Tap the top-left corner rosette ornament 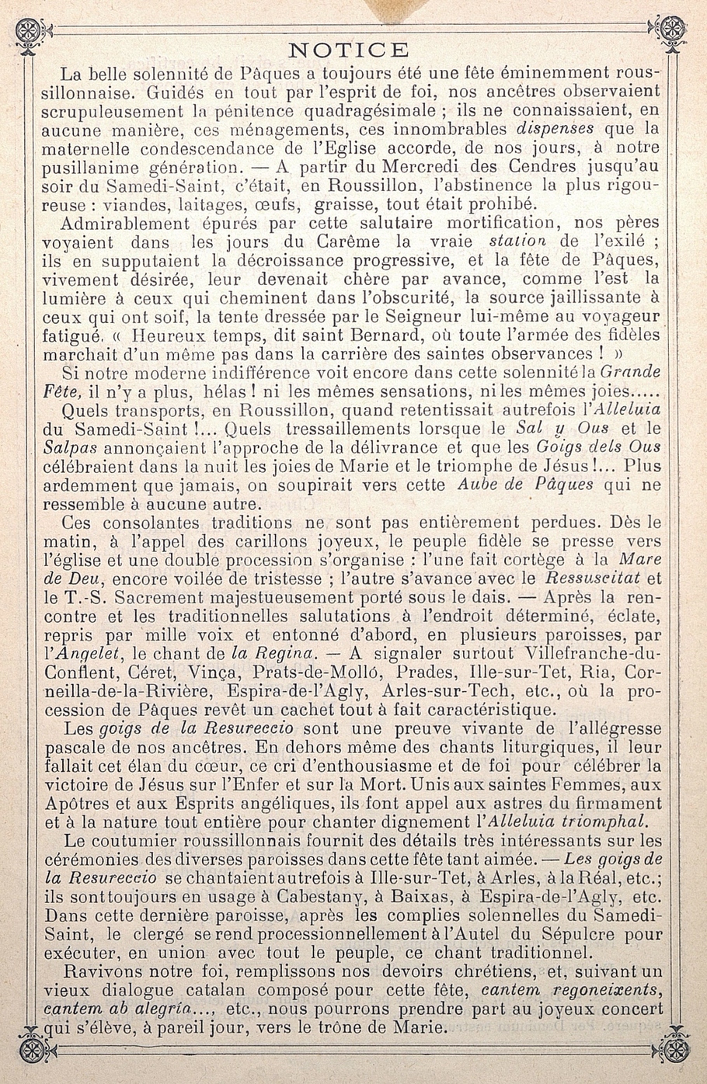click(x=30, y=30)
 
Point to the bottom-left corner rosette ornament click(x=31, y=1048)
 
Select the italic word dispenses click(x=555, y=129)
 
